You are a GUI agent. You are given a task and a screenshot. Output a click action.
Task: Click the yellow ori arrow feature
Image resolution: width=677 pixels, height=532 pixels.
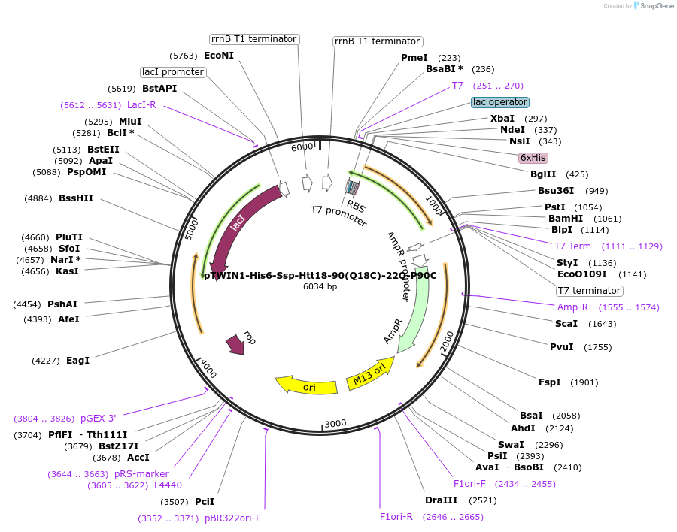306,385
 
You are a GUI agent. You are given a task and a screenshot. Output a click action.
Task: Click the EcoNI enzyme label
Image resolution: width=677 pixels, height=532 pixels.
219,56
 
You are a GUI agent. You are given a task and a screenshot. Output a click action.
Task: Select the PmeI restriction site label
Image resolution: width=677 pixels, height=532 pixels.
414,58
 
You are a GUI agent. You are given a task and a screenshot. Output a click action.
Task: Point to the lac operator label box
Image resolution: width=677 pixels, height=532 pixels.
500,102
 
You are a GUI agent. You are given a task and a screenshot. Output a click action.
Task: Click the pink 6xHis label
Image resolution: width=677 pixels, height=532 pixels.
533,158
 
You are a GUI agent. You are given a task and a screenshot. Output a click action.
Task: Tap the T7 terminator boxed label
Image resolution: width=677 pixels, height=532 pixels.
590,291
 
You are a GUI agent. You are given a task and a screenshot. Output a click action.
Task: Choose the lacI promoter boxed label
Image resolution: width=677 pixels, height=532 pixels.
173,72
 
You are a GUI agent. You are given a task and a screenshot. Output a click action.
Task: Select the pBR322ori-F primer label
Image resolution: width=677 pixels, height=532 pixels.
232,518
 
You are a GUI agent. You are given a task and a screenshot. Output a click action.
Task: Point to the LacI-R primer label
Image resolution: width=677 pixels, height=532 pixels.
141,105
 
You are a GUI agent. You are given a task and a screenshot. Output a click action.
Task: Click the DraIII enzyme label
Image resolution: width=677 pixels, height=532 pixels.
441,500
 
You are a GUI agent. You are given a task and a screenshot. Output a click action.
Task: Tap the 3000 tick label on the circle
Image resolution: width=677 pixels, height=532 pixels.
335,423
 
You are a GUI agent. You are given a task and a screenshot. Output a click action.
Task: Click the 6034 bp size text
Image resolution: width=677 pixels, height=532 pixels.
320,286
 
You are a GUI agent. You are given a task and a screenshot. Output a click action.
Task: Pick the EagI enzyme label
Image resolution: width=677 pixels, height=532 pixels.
77,361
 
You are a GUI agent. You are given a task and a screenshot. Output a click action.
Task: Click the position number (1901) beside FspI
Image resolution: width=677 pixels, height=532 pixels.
584,382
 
